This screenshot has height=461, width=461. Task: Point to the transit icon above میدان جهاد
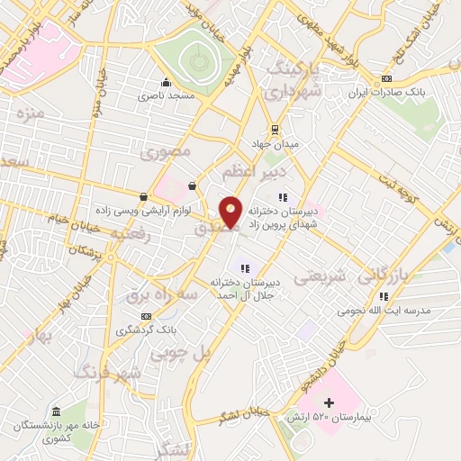(276, 128)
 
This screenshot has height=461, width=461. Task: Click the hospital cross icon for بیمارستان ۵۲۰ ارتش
(329, 402)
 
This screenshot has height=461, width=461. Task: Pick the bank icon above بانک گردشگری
(147, 317)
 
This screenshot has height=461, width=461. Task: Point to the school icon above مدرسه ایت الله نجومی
(384, 295)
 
